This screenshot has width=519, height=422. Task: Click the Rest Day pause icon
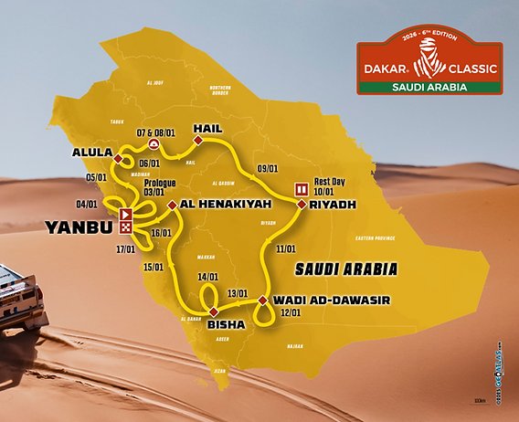[300, 189]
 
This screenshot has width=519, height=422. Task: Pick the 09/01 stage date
[267, 168]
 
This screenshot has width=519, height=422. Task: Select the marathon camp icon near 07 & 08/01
[155, 144]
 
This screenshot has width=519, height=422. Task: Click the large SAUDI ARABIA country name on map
[346, 269]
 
